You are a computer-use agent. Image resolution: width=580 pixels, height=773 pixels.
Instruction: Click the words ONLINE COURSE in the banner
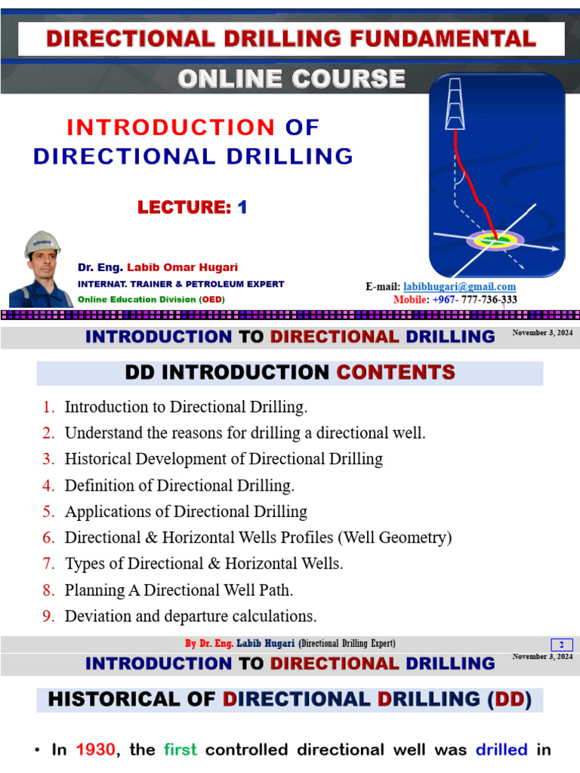click(x=291, y=79)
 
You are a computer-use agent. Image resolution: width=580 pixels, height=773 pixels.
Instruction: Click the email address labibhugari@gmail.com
click(x=460, y=287)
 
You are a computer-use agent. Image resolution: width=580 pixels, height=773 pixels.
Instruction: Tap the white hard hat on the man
click(x=42, y=245)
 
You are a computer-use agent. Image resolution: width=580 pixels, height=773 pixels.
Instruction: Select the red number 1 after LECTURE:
click(x=242, y=208)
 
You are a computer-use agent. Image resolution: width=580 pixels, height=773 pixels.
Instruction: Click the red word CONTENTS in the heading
click(x=396, y=372)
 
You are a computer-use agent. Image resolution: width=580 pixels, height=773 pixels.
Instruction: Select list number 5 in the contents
click(x=49, y=512)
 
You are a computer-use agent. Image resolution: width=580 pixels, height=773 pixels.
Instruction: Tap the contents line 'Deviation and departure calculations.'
click(x=190, y=616)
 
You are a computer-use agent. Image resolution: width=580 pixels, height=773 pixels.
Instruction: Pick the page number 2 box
click(x=562, y=645)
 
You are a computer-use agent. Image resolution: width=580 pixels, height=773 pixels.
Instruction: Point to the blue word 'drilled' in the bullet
click(x=501, y=750)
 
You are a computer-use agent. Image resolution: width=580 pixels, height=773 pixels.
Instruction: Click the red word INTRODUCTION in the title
click(x=171, y=128)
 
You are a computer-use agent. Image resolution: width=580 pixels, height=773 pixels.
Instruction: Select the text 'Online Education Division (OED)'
click(x=151, y=299)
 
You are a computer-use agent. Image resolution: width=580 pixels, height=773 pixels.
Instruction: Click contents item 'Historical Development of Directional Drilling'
click(x=224, y=459)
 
